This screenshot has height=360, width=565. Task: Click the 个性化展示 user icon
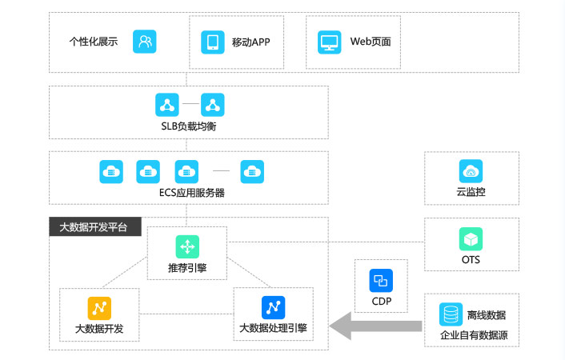tap(145, 41)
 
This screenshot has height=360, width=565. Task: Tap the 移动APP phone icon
tap(213, 41)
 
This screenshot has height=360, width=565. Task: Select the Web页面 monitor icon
tap(330, 41)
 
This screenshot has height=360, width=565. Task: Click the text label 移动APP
tap(250, 42)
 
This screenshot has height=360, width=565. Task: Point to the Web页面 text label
tap(371, 42)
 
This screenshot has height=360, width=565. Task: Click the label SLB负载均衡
tap(189, 127)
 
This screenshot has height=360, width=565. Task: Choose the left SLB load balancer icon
tap(166, 104)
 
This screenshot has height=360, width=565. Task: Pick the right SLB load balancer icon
tap(212, 104)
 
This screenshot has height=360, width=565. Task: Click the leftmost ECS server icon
tap(110, 170)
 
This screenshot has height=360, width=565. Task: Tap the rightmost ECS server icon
tap(253, 170)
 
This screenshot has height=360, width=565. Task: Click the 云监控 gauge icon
tap(471, 170)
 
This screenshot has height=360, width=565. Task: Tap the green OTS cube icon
tap(471, 238)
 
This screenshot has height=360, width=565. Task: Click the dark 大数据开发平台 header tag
tap(94, 227)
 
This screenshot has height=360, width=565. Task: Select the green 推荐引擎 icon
tap(187, 246)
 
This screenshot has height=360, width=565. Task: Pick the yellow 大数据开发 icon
tap(99, 307)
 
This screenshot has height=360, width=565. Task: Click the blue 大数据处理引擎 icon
tap(273, 307)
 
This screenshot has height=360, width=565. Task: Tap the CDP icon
tap(380, 280)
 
